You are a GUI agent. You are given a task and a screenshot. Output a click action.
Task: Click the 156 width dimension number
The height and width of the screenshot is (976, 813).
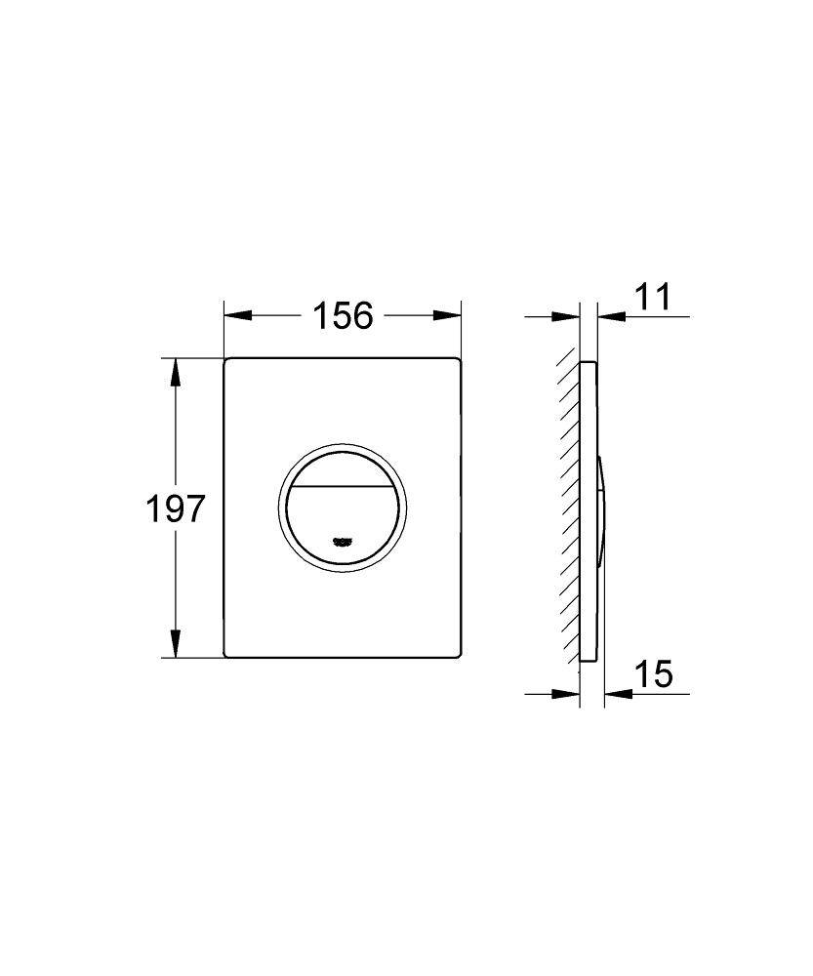343,315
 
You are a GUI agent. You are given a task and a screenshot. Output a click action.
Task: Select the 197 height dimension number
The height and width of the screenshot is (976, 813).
176,508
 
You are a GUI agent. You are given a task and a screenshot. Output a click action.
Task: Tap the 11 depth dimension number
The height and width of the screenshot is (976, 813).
652,296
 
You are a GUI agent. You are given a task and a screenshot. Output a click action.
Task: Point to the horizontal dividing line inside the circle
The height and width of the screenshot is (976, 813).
343,486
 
